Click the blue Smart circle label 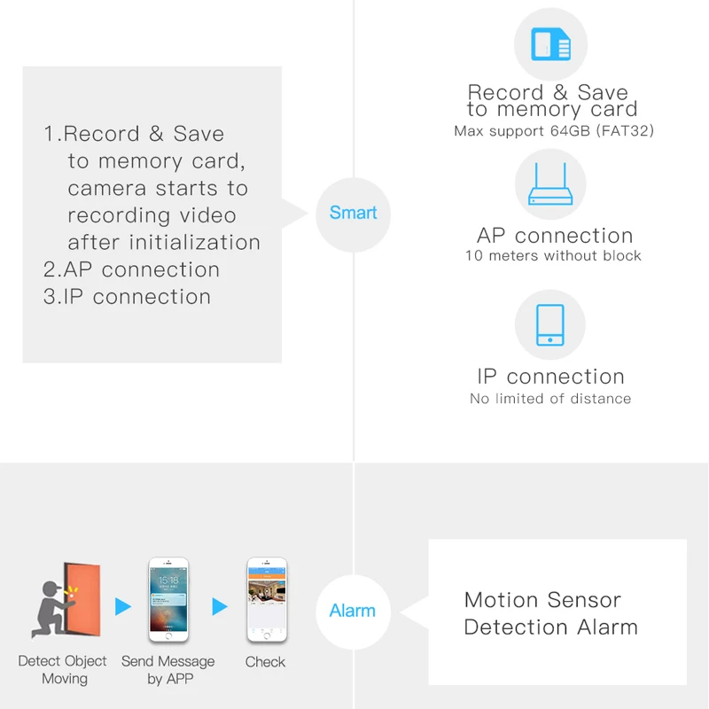(353, 213)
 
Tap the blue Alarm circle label (352, 611)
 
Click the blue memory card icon (550, 43)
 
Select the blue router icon (550, 185)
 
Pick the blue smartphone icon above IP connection (550, 325)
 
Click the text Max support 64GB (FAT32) (554, 131)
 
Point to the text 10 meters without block (553, 256)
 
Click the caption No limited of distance (550, 399)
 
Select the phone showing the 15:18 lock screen (168, 599)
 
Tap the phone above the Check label (265, 599)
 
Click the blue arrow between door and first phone (123, 607)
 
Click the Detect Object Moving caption (62, 670)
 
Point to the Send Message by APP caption (168, 670)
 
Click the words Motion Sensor (542, 600)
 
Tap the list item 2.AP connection (131, 269)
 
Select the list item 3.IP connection (127, 297)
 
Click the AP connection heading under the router (555, 236)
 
